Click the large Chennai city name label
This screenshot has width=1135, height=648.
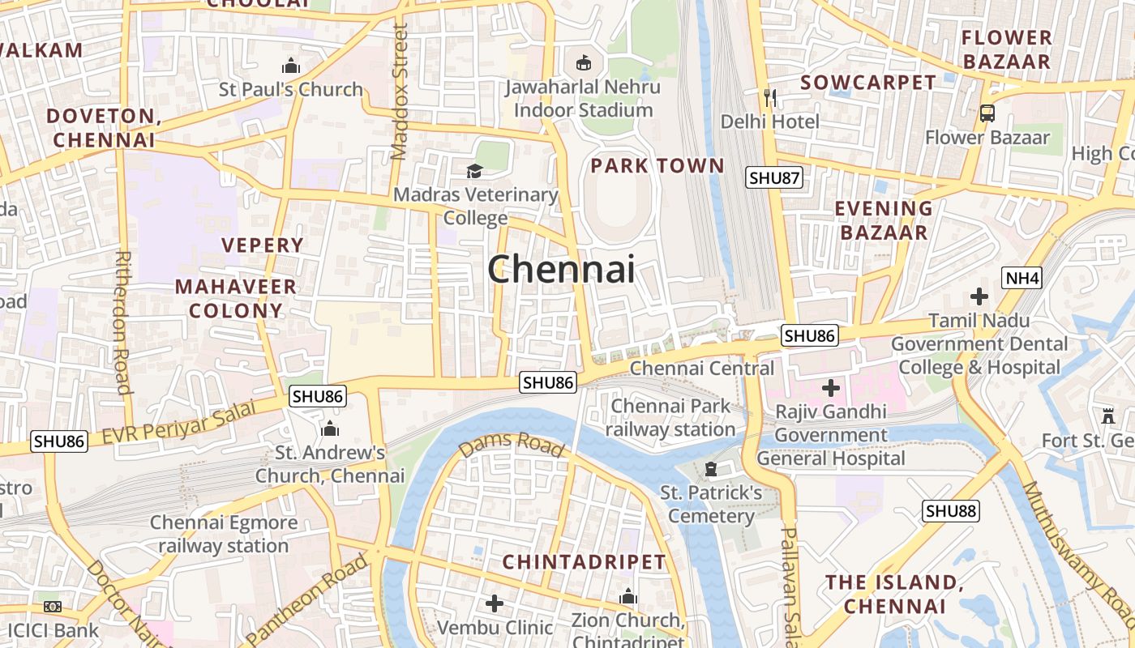click(x=561, y=269)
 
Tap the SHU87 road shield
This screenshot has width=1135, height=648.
click(x=774, y=178)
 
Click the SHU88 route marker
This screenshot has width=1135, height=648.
click(x=951, y=511)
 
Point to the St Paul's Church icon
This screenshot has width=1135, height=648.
click(x=290, y=66)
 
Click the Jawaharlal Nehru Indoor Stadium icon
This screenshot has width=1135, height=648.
click(x=582, y=62)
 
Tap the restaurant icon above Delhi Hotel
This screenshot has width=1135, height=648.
click(x=770, y=98)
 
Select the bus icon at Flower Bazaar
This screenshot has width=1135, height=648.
click(x=987, y=113)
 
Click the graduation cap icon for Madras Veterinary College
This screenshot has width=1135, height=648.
click(x=474, y=171)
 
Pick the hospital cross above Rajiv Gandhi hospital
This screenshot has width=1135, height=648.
click(x=830, y=388)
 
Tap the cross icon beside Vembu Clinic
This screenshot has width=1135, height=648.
click(x=495, y=603)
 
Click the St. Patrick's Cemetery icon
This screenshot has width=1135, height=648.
click(x=711, y=469)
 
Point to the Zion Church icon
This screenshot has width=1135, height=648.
click(x=627, y=598)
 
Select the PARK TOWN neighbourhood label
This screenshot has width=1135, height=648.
click(x=657, y=166)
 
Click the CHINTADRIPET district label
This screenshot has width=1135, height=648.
click(x=584, y=562)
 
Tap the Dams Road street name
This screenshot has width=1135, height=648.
click(x=511, y=446)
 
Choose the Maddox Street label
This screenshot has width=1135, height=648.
click(x=399, y=91)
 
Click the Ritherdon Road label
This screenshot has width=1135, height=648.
click(x=123, y=322)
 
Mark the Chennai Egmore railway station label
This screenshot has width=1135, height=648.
click(x=223, y=535)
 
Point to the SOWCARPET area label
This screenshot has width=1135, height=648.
click(x=868, y=83)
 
